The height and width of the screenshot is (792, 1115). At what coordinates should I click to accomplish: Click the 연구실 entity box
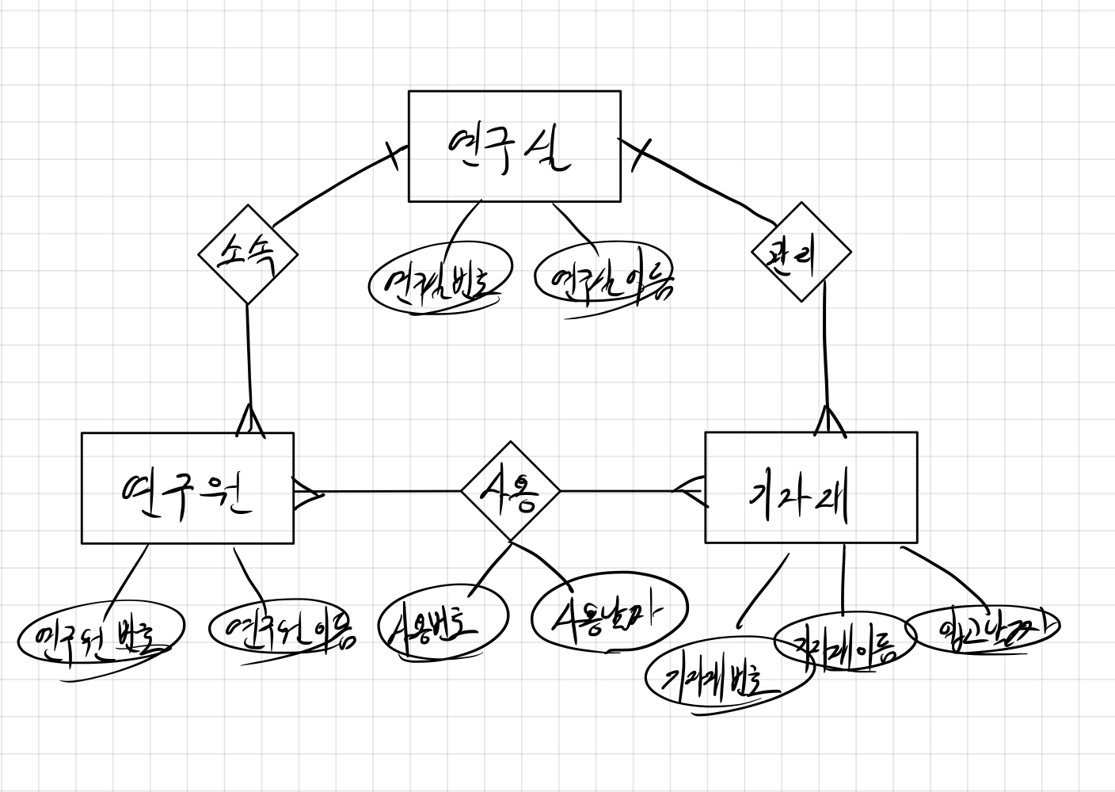pos(514,147)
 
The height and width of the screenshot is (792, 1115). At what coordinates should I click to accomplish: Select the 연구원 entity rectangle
pos(188,488)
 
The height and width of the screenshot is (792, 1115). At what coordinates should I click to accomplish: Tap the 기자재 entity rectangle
pos(811,488)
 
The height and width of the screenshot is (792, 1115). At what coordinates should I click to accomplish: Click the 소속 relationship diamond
pos(248,254)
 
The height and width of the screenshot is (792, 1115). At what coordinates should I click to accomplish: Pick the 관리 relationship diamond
pos(801,253)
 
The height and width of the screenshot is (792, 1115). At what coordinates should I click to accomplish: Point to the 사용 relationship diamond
pos(511,491)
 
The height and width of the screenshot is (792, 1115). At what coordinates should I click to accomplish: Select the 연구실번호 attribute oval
pos(440,281)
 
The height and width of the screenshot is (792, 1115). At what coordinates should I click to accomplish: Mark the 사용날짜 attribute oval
pos(608,611)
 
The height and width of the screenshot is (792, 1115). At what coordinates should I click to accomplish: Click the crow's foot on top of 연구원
pos(250,420)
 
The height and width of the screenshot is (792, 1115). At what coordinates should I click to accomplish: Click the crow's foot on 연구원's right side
pos(307,493)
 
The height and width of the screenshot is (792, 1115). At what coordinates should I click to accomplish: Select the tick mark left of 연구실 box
pos(391,154)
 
